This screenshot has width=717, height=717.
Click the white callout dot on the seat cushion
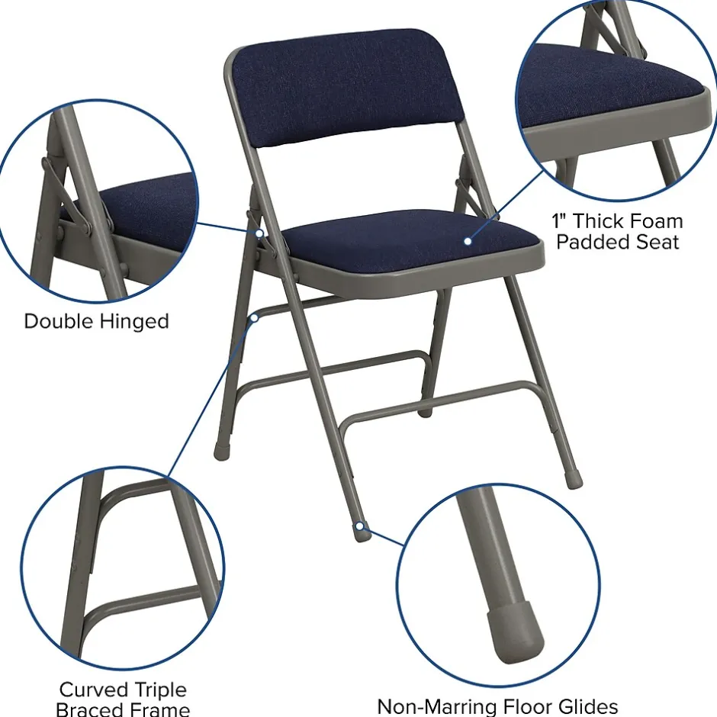(468, 241)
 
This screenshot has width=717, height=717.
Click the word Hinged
(137, 322)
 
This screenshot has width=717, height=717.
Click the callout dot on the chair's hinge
(260, 233)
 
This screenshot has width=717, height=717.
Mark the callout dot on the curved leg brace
(256, 317)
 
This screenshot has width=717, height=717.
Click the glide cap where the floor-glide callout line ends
(362, 531)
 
